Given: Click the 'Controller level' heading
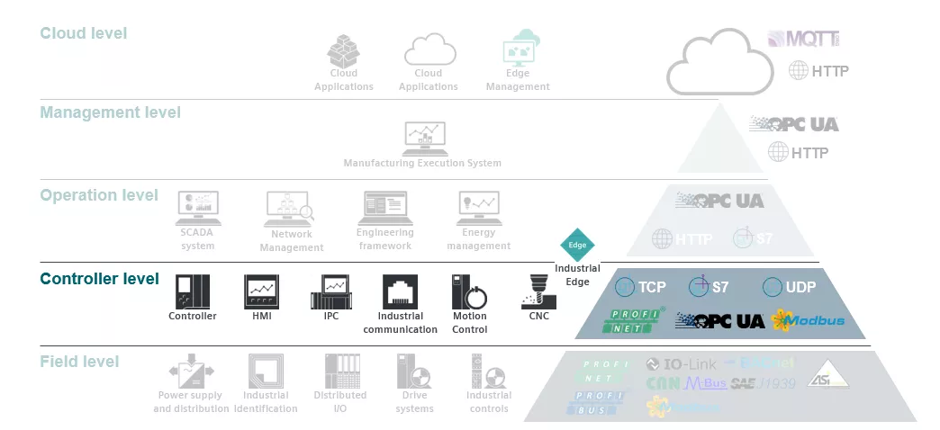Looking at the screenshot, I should coord(99,279).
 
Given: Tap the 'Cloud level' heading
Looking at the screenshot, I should coord(84,33).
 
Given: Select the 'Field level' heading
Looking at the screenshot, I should coord(79,362).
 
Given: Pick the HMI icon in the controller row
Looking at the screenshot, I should coord(262,291).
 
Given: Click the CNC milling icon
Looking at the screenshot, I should coord(538,291).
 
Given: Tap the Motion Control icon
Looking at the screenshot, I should coord(468,292).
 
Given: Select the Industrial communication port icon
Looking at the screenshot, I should coord(400,292).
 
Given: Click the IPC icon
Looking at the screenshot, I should coord(330,291).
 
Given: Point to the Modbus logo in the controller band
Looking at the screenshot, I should coord(807,319).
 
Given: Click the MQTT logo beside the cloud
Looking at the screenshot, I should coord(804,39).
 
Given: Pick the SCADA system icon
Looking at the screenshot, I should coord(197,209).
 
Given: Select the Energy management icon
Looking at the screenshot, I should coord(478,209).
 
